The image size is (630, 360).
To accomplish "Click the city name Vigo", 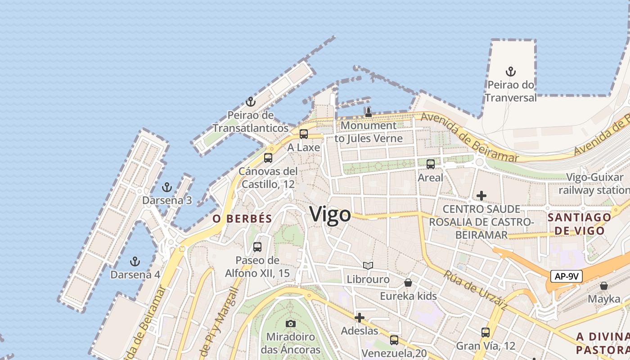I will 330,214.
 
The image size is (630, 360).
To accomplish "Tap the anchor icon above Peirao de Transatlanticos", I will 251,102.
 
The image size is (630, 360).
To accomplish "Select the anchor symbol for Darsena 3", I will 167,187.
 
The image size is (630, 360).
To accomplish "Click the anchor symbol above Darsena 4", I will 135,261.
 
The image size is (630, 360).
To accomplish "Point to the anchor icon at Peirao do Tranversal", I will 510,72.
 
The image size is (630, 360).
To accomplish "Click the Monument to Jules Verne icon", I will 369,112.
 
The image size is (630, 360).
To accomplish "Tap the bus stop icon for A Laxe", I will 304,134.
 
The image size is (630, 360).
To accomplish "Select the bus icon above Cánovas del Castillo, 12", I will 268,158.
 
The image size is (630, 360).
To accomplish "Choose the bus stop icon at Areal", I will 431,164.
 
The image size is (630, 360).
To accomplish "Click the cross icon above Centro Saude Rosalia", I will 481,196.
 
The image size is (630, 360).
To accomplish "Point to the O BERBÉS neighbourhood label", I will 242,219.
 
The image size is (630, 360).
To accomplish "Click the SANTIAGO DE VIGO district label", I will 579,224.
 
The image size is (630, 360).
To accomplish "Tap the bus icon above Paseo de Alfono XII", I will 257,247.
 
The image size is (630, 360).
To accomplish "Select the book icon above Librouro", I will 368,266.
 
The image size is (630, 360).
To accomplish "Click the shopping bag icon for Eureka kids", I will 408,283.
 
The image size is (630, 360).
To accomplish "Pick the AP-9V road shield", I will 566,276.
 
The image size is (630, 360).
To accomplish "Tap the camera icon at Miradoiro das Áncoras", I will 291,324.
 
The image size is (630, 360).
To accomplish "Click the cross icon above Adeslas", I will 359,318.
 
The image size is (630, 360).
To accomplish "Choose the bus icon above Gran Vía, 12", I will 486,333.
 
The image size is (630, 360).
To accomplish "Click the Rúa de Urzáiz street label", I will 475,290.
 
